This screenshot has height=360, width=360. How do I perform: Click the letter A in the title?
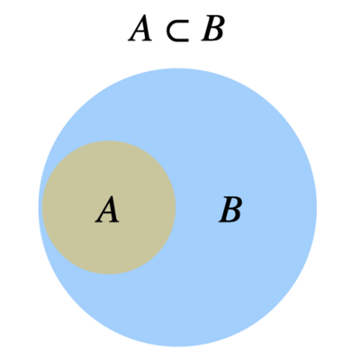coord(139,29)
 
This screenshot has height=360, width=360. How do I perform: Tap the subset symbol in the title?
coord(178,31)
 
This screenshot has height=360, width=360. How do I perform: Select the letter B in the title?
coord(213,29)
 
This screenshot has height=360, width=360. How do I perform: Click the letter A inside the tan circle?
coord(107,210)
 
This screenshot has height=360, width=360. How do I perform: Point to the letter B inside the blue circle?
coord(230,210)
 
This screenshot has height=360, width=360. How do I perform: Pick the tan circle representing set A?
coord(109,207)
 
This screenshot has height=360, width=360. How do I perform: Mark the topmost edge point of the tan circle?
coord(109,140)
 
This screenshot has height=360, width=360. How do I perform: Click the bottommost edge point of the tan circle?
coord(109,274)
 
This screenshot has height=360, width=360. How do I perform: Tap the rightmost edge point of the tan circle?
coord(175,207)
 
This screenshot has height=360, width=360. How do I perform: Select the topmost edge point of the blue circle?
coord(177,68)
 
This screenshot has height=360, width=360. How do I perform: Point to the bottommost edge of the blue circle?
coord(177,346)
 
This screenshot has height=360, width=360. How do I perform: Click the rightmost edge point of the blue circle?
coord(317,208)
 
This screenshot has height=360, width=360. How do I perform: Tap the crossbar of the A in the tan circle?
coord(107,214)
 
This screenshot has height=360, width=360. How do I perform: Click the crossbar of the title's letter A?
coord(139,32)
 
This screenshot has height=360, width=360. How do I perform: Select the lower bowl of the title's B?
coord(214,35)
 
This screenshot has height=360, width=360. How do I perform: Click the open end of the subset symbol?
coord(188,31)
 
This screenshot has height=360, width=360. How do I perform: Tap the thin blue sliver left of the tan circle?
coord(40,207)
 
